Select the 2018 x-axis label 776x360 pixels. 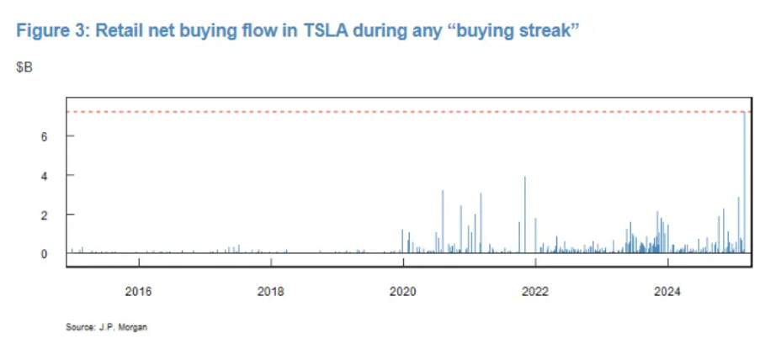[x=270, y=293]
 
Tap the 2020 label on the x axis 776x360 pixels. [x=402, y=293]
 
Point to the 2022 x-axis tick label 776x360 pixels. [x=535, y=293]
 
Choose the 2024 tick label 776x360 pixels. [x=667, y=293]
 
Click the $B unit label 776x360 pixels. [x=24, y=66]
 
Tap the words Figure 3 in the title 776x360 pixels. [x=49, y=31]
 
